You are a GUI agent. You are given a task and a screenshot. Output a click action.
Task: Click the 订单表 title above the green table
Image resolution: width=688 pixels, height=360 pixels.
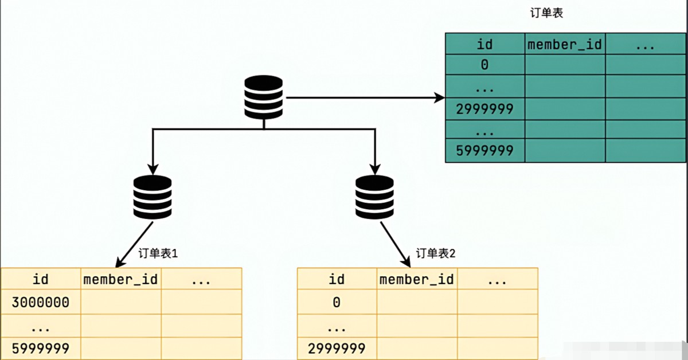(546, 13)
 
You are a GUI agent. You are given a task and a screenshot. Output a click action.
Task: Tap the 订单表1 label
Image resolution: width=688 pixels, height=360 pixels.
(158, 253)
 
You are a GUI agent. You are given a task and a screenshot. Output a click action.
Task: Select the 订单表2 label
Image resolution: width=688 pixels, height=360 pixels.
(436, 253)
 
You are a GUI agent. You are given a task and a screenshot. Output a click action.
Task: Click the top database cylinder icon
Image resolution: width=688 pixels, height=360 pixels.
(264, 97)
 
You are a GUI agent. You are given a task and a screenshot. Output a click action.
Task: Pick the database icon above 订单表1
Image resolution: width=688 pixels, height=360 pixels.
(153, 197)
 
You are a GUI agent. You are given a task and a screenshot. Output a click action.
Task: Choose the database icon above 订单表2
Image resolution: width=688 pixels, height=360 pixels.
(374, 197)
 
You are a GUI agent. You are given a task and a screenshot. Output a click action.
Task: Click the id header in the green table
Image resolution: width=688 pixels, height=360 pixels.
(484, 45)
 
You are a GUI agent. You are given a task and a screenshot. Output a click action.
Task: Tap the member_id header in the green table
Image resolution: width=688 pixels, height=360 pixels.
(565, 45)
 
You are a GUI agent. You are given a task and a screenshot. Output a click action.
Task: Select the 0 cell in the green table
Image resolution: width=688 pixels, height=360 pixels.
(484, 65)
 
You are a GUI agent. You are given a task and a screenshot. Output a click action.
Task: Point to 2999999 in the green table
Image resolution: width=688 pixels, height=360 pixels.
(484, 109)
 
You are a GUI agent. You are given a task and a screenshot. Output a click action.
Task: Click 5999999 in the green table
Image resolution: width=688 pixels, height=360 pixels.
(484, 151)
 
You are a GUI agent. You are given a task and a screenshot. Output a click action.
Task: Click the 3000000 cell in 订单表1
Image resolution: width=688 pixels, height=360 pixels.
(41, 303)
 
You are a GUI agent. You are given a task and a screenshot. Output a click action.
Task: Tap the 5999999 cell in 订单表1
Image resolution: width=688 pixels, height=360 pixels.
(41, 349)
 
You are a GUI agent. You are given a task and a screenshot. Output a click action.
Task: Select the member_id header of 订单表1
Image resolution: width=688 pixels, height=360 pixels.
(120, 280)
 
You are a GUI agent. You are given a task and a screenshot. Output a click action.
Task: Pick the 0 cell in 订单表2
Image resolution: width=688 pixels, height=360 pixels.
(337, 303)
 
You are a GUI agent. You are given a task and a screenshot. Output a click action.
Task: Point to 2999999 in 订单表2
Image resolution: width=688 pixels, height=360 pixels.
(337, 349)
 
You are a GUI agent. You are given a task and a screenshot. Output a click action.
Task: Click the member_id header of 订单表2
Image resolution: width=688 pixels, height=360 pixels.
(416, 280)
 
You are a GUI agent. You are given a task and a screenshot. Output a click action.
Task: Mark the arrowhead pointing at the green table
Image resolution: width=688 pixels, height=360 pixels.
(439, 97)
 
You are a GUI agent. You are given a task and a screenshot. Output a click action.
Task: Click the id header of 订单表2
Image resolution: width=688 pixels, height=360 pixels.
(337, 280)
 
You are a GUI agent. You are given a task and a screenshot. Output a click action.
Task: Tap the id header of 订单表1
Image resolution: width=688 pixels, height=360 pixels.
(41, 280)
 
